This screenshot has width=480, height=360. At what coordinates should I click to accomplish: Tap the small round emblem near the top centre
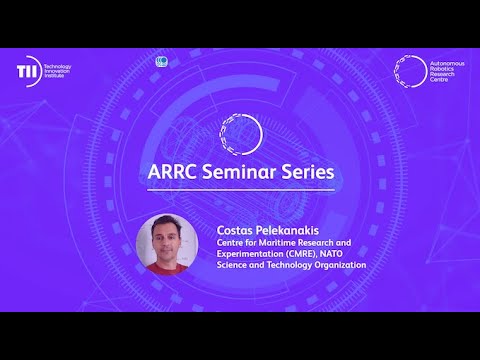[x=162, y=62]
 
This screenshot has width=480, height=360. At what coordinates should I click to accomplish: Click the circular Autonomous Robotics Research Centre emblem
[x=409, y=71]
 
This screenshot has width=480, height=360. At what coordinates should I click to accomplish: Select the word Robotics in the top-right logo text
[x=443, y=68]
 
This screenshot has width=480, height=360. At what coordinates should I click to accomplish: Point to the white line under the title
[x=239, y=190]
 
